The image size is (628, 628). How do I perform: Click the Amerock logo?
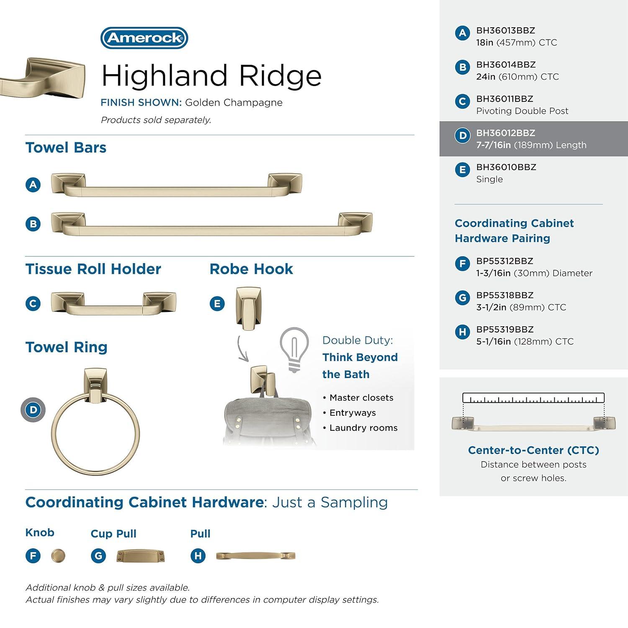[144, 38]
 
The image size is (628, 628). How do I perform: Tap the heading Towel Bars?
[66, 148]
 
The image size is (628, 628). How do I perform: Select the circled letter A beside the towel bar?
[33, 185]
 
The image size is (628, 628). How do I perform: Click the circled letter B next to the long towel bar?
[33, 224]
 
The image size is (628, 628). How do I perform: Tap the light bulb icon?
[294, 349]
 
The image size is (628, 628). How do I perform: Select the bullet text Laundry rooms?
[363, 428]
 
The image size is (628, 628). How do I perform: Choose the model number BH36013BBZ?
[505, 31]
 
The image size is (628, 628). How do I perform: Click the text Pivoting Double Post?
[522, 111]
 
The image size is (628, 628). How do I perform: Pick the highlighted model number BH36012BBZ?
[505, 133]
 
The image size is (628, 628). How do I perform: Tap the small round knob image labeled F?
[58, 556]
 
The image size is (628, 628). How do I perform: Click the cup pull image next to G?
[140, 556]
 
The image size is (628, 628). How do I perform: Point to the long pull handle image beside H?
[255, 556]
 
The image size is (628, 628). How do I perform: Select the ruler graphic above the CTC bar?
[533, 398]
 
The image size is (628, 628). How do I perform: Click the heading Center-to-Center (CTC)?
[533, 450]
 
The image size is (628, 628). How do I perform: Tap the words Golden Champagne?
[234, 103]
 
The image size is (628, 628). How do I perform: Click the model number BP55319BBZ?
[504, 329]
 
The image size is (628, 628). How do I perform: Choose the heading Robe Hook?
[251, 269]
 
